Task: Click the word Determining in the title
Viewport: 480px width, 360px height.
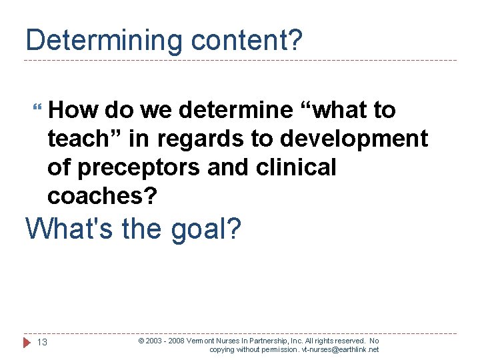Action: point(100,41)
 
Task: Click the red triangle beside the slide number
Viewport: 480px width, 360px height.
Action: point(27,343)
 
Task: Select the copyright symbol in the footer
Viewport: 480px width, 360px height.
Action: point(141,341)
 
